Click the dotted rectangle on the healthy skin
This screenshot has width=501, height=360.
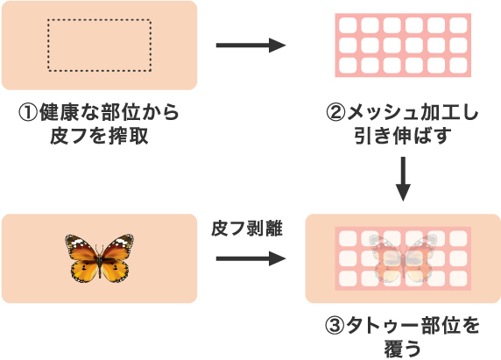point(99,46)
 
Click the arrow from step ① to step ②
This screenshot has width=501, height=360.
point(250,46)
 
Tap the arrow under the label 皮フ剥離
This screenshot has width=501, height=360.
point(250,258)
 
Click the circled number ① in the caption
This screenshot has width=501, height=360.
point(28,113)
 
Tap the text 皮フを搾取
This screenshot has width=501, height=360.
point(99,137)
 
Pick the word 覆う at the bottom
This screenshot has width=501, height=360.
point(402,349)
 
